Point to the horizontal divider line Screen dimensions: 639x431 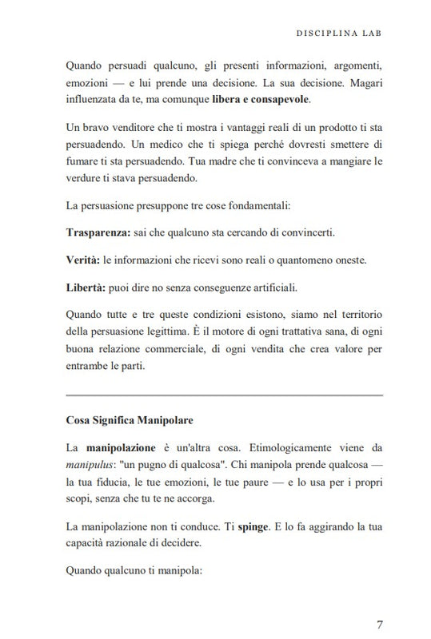[x=224, y=394]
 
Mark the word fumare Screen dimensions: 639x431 [x=85, y=163]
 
